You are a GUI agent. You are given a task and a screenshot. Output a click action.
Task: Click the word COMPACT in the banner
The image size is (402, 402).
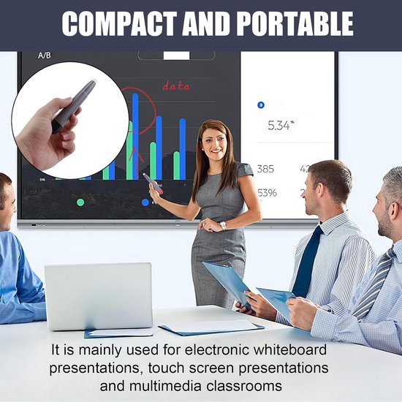tap(116, 25)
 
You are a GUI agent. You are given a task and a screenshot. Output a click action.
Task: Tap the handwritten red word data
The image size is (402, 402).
tap(175, 86)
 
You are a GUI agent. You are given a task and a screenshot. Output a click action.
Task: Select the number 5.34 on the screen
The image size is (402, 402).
tap(278, 125)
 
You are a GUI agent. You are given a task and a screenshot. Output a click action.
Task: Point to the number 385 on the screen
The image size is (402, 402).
tap(265, 169)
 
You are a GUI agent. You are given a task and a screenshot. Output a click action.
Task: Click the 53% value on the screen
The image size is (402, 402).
tap(267, 193)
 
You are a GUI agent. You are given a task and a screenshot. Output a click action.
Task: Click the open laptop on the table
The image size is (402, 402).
tap(98, 296)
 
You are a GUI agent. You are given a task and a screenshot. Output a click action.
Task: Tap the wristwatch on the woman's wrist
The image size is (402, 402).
tap(223, 226)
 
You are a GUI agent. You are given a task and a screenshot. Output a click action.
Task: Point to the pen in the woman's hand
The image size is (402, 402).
tap(152, 183)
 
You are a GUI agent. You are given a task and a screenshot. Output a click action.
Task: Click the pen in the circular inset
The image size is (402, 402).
tap(74, 106)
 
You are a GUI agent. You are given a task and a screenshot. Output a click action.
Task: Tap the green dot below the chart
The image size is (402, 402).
tap(80, 202)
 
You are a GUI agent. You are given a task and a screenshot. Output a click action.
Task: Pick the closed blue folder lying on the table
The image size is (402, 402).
tap(212, 327)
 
